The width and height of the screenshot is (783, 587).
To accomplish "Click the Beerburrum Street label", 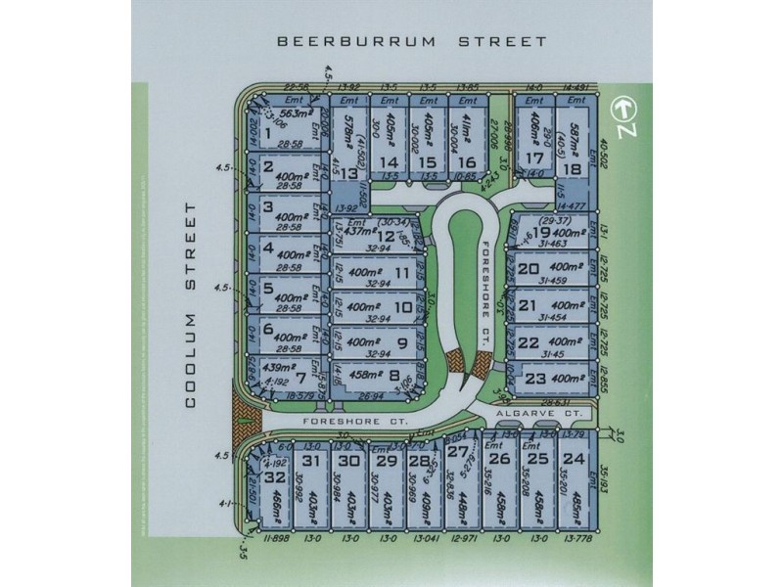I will point(411,42).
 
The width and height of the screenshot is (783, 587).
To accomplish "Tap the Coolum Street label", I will point(192,304).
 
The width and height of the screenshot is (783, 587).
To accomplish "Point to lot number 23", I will point(535,378).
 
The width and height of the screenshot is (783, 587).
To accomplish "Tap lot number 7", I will point(287,378).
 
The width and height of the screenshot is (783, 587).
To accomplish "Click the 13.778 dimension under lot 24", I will point(577,538).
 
